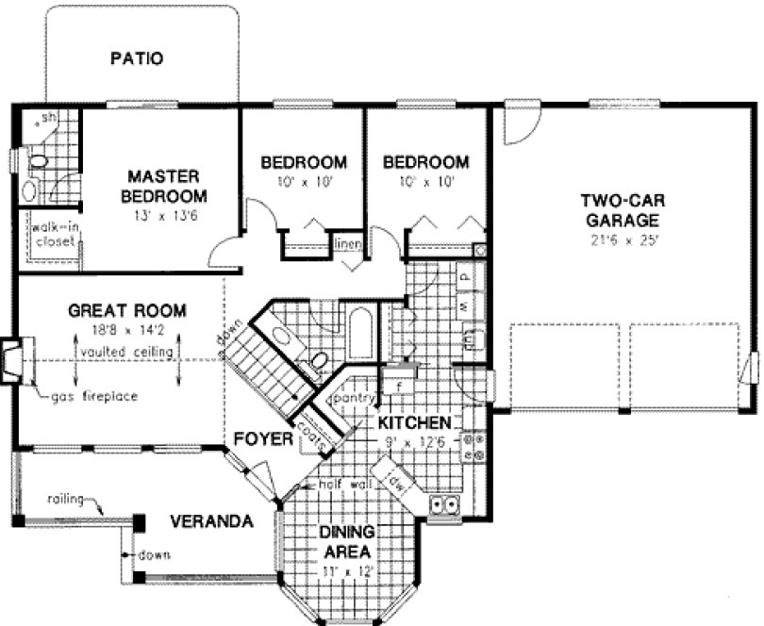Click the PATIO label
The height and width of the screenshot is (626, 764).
tap(137, 58)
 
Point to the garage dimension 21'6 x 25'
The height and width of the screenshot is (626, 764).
tap(619, 239)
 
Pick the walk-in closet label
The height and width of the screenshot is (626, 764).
tap(55, 234)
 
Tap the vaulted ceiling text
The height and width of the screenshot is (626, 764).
tap(126, 352)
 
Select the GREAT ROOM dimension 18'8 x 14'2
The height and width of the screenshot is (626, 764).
tap(125, 330)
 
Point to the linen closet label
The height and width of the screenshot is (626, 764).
tap(346, 244)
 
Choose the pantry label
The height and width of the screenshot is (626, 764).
tap(352, 400)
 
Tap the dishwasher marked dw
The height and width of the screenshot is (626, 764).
tap(395, 481)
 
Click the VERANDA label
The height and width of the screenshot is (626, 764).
tap(211, 521)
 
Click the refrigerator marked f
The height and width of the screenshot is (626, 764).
tap(399, 386)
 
